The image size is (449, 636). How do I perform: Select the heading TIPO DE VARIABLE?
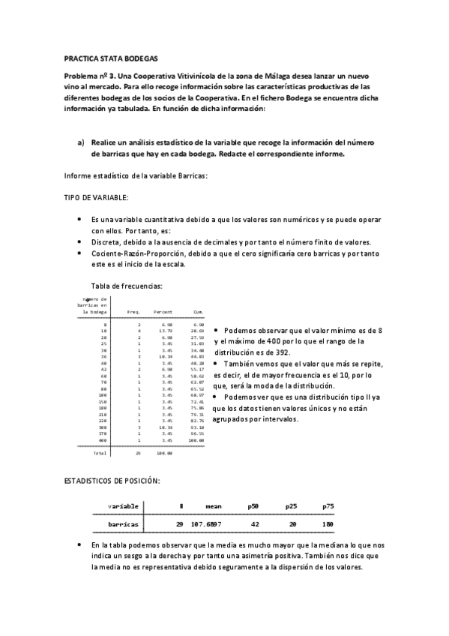tap(97, 196)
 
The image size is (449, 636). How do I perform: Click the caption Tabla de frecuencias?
tap(126, 286)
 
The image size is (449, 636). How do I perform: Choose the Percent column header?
tap(163, 311)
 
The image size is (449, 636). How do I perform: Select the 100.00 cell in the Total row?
tap(164, 453)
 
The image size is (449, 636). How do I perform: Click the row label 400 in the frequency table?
tap(103, 440)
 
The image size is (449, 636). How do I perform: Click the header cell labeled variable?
tap(123, 506)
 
